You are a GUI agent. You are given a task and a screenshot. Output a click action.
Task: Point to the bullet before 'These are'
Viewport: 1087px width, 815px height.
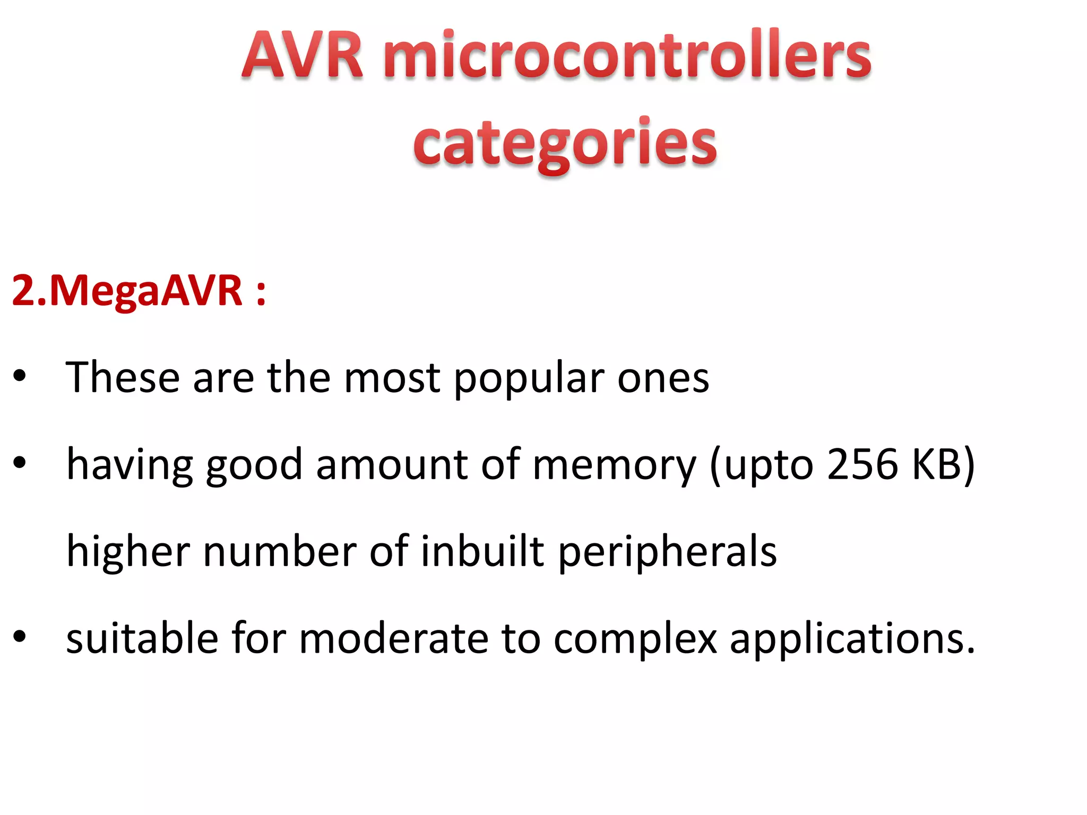click(20, 376)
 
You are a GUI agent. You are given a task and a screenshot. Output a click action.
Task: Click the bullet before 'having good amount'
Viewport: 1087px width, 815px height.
click(20, 463)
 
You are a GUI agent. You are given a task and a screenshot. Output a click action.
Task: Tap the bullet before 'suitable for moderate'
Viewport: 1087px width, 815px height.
click(20, 636)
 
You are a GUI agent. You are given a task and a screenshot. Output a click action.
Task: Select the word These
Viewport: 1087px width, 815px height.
click(123, 377)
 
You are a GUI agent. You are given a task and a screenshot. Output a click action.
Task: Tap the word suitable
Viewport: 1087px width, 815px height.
click(142, 638)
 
